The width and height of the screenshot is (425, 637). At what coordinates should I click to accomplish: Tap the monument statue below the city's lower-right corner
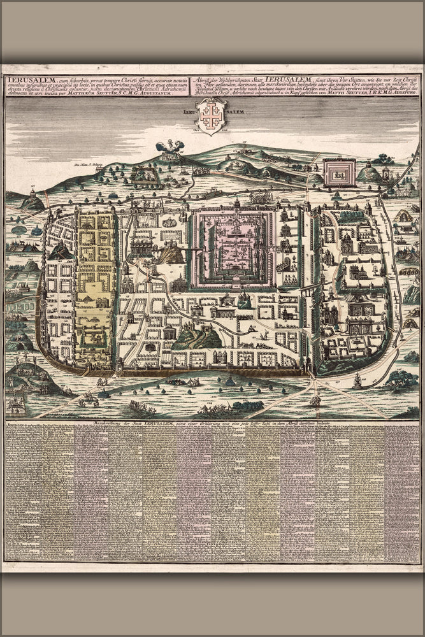coord(358,381)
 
